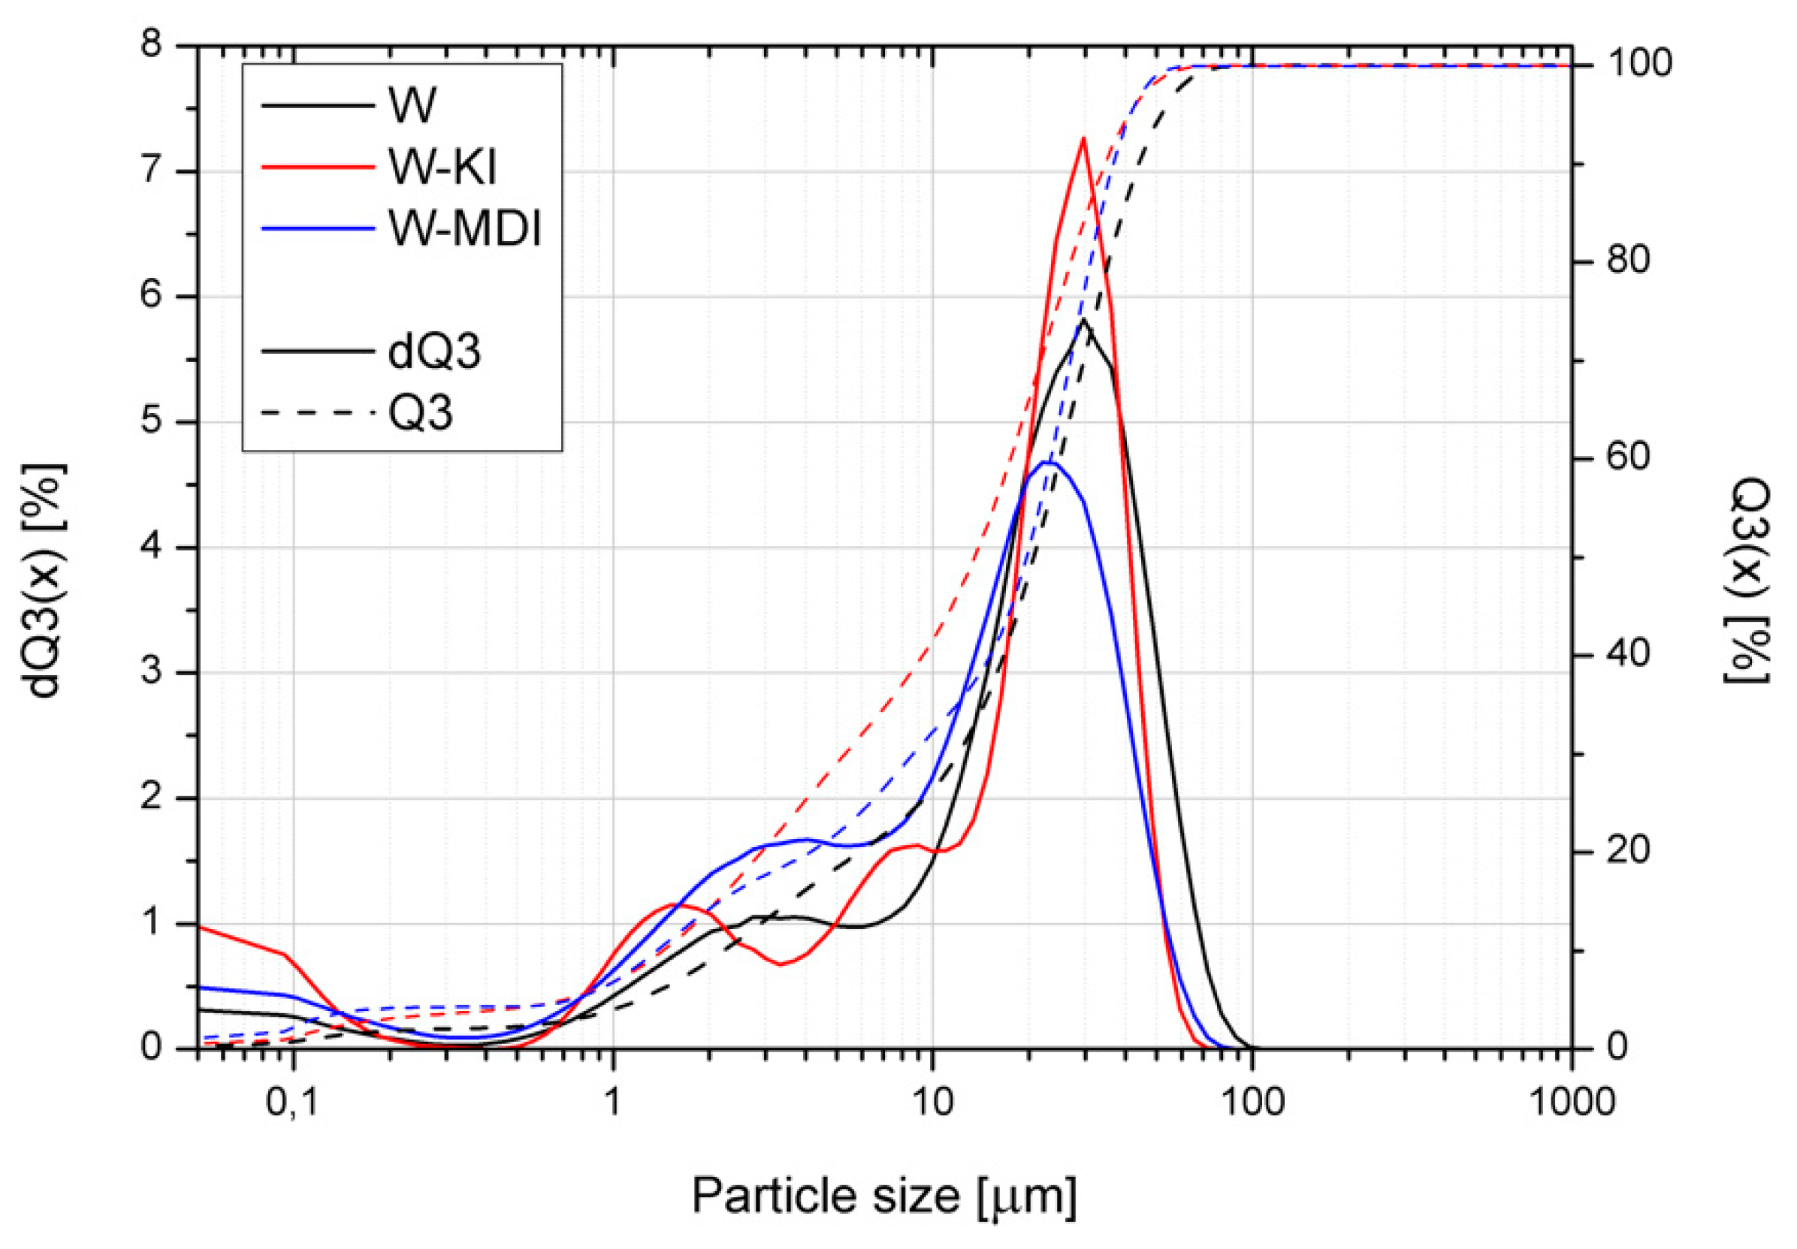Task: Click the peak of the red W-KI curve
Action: click(1083, 139)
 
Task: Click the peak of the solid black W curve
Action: click(1083, 319)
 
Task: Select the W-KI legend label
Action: click(442, 167)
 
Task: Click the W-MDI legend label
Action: click(465, 229)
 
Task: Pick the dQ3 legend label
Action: click(434, 351)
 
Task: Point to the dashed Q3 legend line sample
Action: click(317, 412)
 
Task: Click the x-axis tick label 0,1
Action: click(291, 1103)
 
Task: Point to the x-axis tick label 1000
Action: click(1572, 1103)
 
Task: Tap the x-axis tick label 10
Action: click(932, 1103)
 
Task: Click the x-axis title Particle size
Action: click(884, 1196)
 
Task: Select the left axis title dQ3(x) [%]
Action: click(45, 579)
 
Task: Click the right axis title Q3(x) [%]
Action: click(1747, 579)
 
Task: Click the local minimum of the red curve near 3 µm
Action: click(781, 964)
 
